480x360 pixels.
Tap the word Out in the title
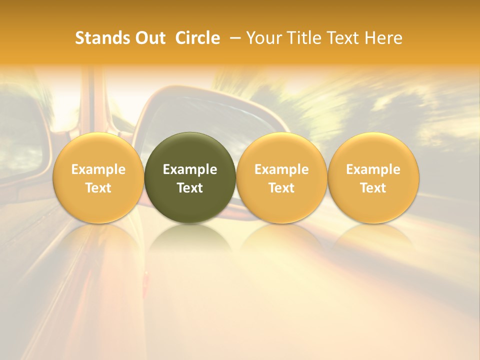(x=149, y=38)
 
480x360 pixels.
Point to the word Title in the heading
(x=302, y=38)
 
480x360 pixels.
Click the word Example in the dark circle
(x=190, y=169)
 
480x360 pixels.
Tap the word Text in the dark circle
(x=190, y=188)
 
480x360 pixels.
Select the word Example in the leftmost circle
(x=98, y=169)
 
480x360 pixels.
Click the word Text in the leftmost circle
(x=98, y=188)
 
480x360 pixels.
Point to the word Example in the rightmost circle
(x=373, y=169)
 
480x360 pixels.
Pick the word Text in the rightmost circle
(x=373, y=188)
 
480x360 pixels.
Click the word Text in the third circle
(x=281, y=188)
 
